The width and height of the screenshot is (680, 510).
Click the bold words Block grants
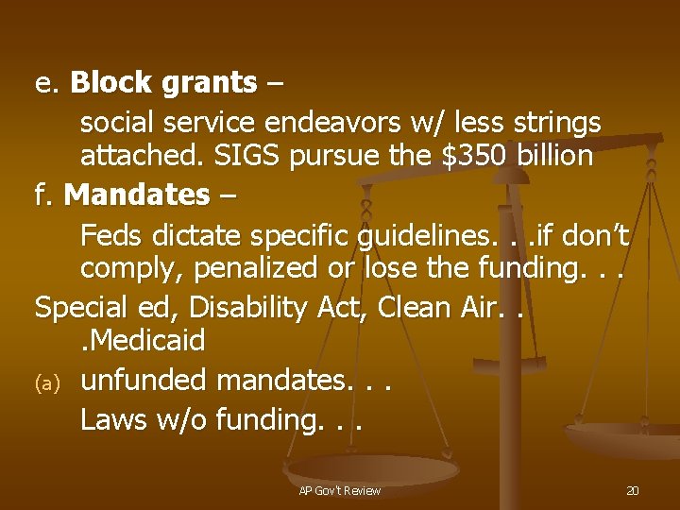click(162, 83)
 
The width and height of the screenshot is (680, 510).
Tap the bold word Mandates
click(137, 195)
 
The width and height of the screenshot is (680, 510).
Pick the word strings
click(554, 123)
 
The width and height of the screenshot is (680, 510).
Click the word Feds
click(107, 232)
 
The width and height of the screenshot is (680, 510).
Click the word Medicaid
click(147, 341)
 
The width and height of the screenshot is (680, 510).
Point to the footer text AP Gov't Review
click(339, 490)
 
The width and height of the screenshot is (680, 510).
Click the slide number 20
click(632, 490)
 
